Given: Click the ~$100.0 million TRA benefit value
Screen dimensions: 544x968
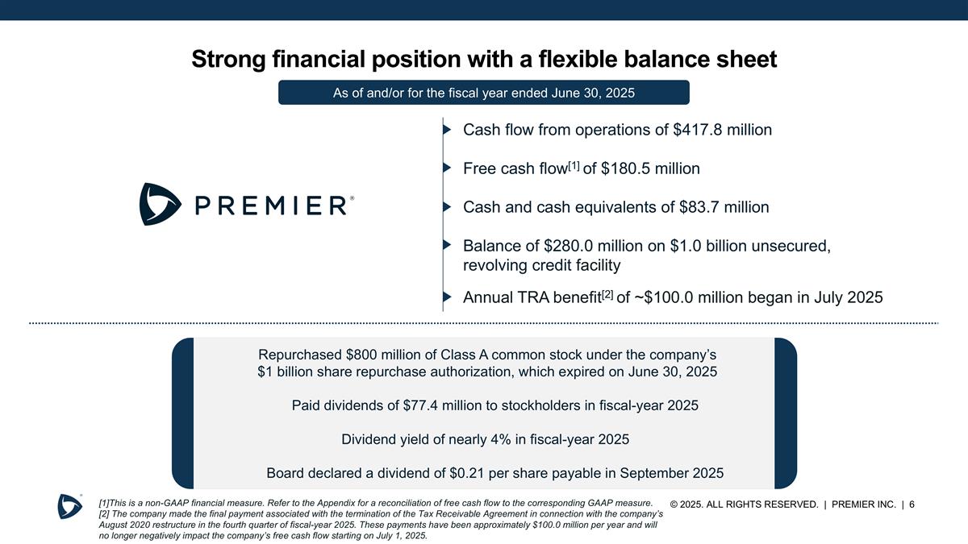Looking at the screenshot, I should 691,297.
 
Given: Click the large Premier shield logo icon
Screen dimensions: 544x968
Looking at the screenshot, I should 160,204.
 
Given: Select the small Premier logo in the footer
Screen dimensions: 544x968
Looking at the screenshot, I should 69,505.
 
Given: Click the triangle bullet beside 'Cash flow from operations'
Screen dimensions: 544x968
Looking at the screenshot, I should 446,130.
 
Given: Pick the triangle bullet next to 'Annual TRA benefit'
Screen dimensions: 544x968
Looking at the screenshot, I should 446,297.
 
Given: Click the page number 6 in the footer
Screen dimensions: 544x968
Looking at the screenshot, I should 911,505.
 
